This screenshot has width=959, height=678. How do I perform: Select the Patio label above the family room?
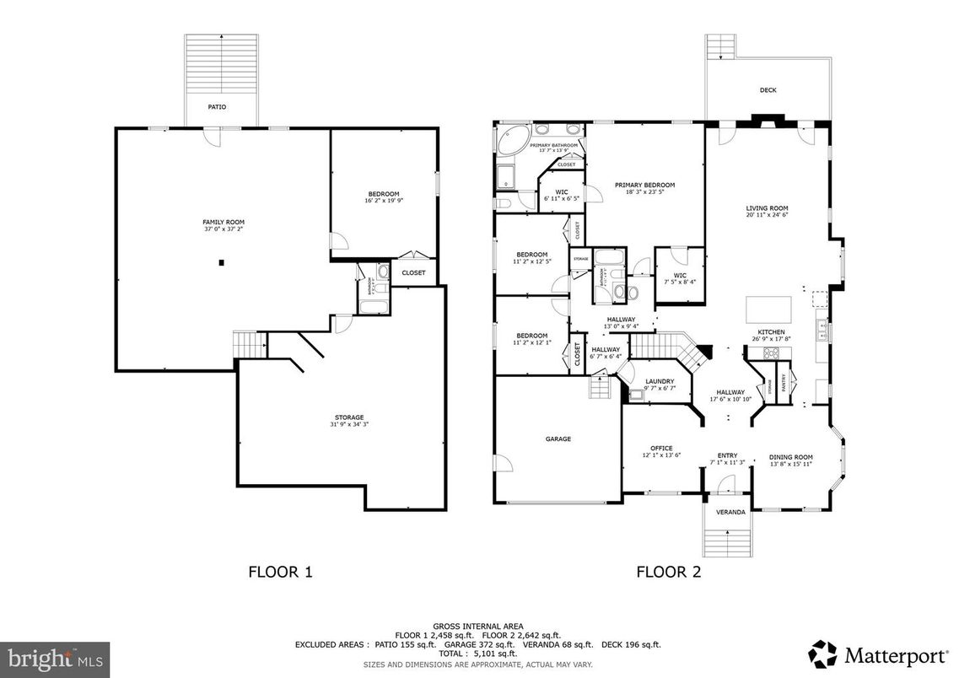coord(218,107)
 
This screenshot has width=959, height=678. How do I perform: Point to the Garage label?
coord(558,439)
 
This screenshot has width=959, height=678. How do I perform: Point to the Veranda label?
coord(730,512)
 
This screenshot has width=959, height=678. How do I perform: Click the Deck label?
coord(768,90)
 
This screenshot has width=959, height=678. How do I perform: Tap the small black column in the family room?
coord(221,263)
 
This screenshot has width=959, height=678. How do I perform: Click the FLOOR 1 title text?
coord(280,572)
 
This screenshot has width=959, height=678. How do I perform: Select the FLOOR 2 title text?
coord(668,572)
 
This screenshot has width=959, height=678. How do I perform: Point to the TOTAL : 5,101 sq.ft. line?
coord(478,654)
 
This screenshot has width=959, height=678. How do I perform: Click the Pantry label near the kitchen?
coord(783,383)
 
